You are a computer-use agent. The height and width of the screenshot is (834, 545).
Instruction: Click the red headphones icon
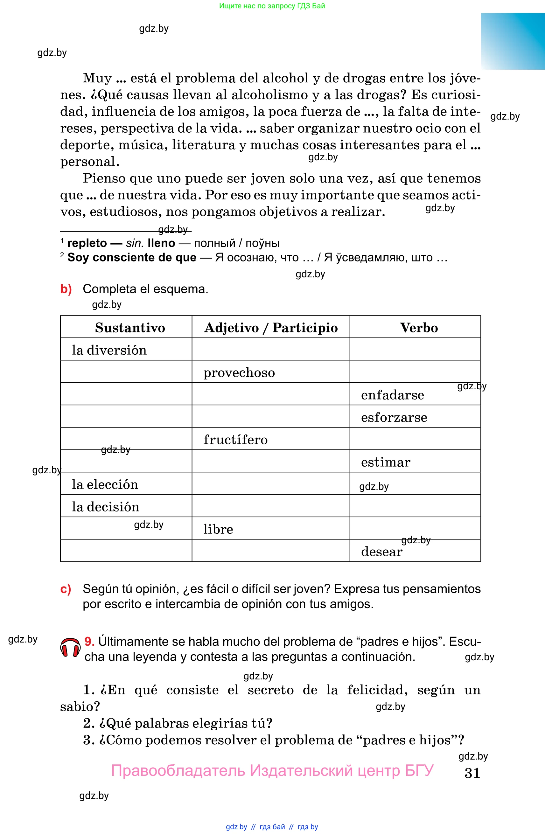[x=70, y=648]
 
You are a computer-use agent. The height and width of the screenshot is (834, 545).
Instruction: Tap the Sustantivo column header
[x=130, y=328]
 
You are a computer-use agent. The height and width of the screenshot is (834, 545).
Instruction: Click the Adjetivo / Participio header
[x=271, y=328]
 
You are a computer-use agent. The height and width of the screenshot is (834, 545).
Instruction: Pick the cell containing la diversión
[x=109, y=350]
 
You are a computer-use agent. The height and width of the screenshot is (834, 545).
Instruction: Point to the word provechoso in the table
[x=239, y=372]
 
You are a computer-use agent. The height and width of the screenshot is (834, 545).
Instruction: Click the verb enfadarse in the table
[x=392, y=395]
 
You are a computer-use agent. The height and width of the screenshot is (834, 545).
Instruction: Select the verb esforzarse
[x=394, y=417]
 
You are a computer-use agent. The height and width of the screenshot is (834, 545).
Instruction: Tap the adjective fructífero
[x=235, y=440]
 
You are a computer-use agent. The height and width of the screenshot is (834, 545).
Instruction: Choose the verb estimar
[x=386, y=462]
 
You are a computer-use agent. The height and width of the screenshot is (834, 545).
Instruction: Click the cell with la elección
[x=105, y=484]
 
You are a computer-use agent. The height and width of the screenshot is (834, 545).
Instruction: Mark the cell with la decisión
[x=106, y=507]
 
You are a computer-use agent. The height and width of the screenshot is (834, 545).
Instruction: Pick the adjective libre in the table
[x=218, y=529]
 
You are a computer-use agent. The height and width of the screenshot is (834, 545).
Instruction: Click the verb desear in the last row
[x=382, y=552]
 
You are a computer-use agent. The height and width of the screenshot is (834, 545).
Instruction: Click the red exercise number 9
[x=89, y=641]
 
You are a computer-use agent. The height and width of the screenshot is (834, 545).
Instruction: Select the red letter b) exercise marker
[x=66, y=289]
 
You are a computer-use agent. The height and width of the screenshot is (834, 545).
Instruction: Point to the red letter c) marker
[x=66, y=589]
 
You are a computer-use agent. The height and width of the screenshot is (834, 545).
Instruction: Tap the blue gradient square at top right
[x=513, y=41]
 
